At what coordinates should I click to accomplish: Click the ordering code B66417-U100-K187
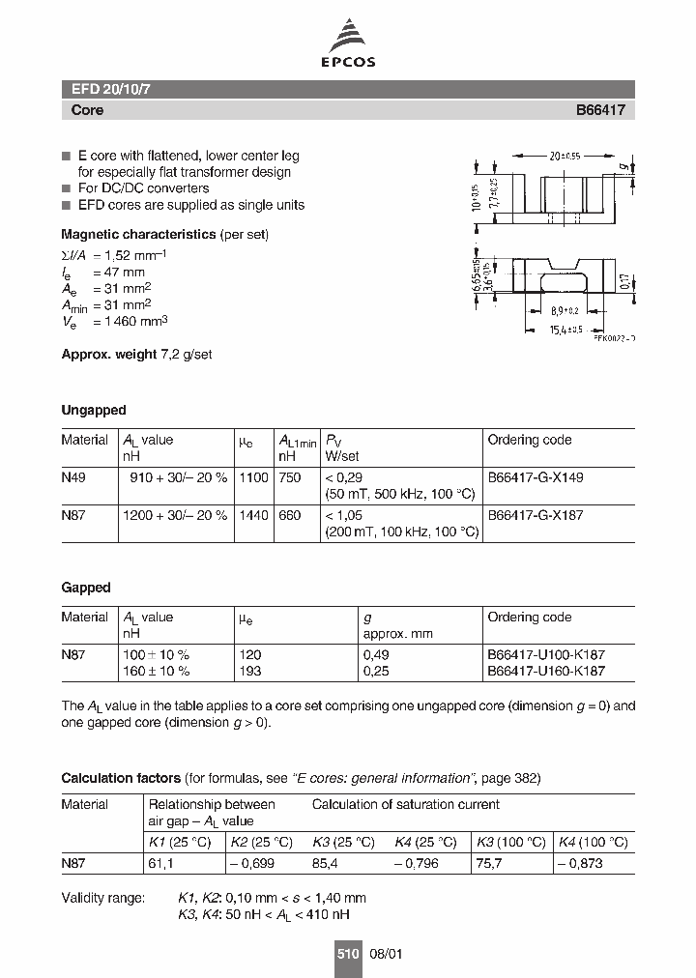click(546, 654)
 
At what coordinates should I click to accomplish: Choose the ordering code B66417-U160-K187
click(546, 671)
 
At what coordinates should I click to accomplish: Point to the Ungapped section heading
click(94, 410)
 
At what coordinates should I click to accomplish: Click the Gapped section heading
click(86, 588)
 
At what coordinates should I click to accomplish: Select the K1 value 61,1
click(159, 862)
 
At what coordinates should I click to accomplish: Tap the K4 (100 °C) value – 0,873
click(584, 862)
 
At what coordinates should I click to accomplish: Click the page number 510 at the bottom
click(347, 954)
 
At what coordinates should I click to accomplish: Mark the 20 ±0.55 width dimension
click(560, 155)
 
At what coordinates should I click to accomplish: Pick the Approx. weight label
click(107, 355)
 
